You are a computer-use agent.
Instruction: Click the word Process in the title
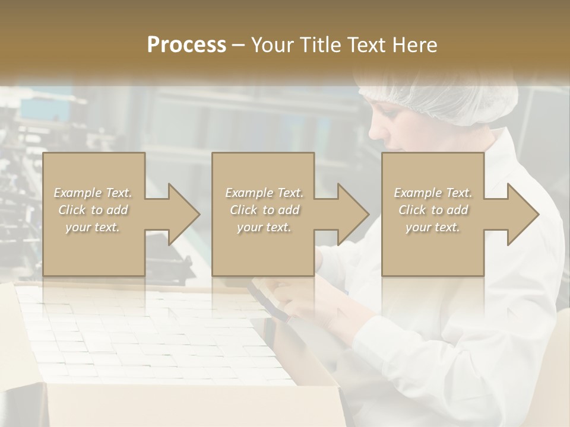pyautogui.click(x=186, y=45)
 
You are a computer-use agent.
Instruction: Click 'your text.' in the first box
pyautogui.click(x=93, y=227)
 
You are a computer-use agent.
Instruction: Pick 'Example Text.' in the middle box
pyautogui.click(x=264, y=193)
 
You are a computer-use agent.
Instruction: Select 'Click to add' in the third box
pyautogui.click(x=433, y=210)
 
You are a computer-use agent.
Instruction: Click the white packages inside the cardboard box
pyautogui.click(x=148, y=338)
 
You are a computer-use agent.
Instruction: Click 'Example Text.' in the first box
pyautogui.click(x=93, y=193)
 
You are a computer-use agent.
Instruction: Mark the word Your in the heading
pyautogui.click(x=271, y=45)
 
